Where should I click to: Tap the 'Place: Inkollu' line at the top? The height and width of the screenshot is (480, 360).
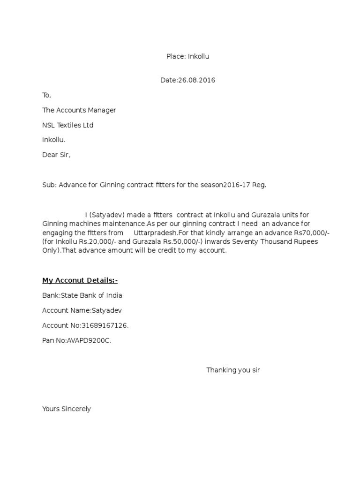pyautogui.click(x=187, y=56)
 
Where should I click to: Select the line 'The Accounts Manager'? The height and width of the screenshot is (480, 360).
pyautogui.click(x=79, y=110)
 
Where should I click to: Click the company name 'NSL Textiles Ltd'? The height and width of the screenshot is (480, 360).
pyautogui.click(x=67, y=125)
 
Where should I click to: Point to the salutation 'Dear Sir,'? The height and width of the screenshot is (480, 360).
pyautogui.click(x=56, y=155)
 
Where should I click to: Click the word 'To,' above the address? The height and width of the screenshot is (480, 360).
pyautogui.click(x=46, y=95)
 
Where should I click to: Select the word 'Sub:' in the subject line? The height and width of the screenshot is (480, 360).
pyautogui.click(x=49, y=185)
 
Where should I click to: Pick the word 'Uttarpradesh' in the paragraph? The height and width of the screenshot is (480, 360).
pyautogui.click(x=155, y=232)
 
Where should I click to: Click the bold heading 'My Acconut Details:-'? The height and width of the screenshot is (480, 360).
pyautogui.click(x=80, y=280)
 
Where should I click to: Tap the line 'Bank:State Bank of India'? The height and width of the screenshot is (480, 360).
pyautogui.click(x=82, y=295)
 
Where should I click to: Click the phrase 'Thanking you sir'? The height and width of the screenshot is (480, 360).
pyautogui.click(x=233, y=370)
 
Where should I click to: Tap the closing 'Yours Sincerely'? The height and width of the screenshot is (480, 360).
pyautogui.click(x=66, y=409)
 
